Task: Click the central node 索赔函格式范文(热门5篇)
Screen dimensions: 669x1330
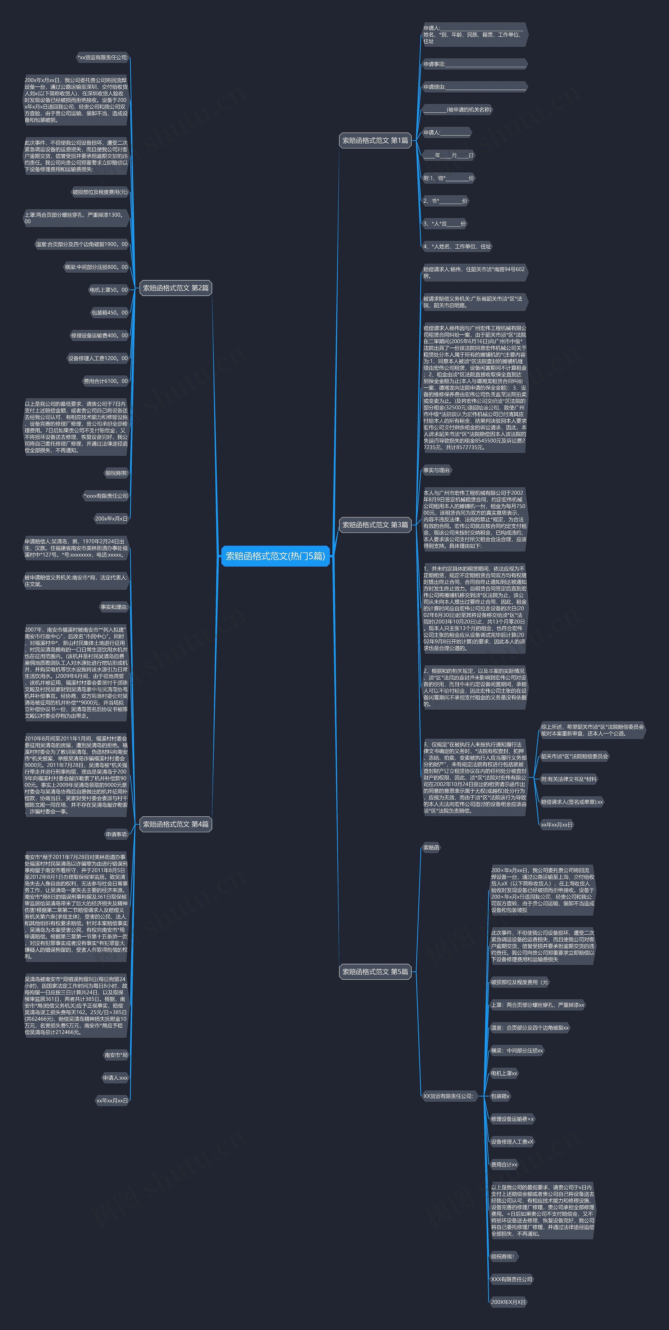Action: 275,556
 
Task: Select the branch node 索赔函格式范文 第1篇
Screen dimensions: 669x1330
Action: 375,141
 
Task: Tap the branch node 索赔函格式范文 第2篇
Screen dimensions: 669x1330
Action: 176,288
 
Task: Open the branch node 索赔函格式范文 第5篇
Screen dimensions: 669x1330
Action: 375,972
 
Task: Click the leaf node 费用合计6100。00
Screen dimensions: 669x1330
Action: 105,381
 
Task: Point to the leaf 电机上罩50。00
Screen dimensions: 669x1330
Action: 108,290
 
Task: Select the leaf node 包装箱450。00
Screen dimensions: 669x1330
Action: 109,312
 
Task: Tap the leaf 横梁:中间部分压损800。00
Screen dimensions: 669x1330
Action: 96,267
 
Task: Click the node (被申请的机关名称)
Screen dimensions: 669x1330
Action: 457,109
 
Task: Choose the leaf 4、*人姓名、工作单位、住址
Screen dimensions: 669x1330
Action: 457,246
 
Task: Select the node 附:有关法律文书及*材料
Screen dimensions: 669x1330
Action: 569,779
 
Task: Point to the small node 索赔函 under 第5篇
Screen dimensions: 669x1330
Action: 431,847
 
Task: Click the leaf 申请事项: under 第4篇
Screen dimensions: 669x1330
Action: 117,834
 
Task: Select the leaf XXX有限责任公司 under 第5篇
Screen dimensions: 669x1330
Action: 511,1279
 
